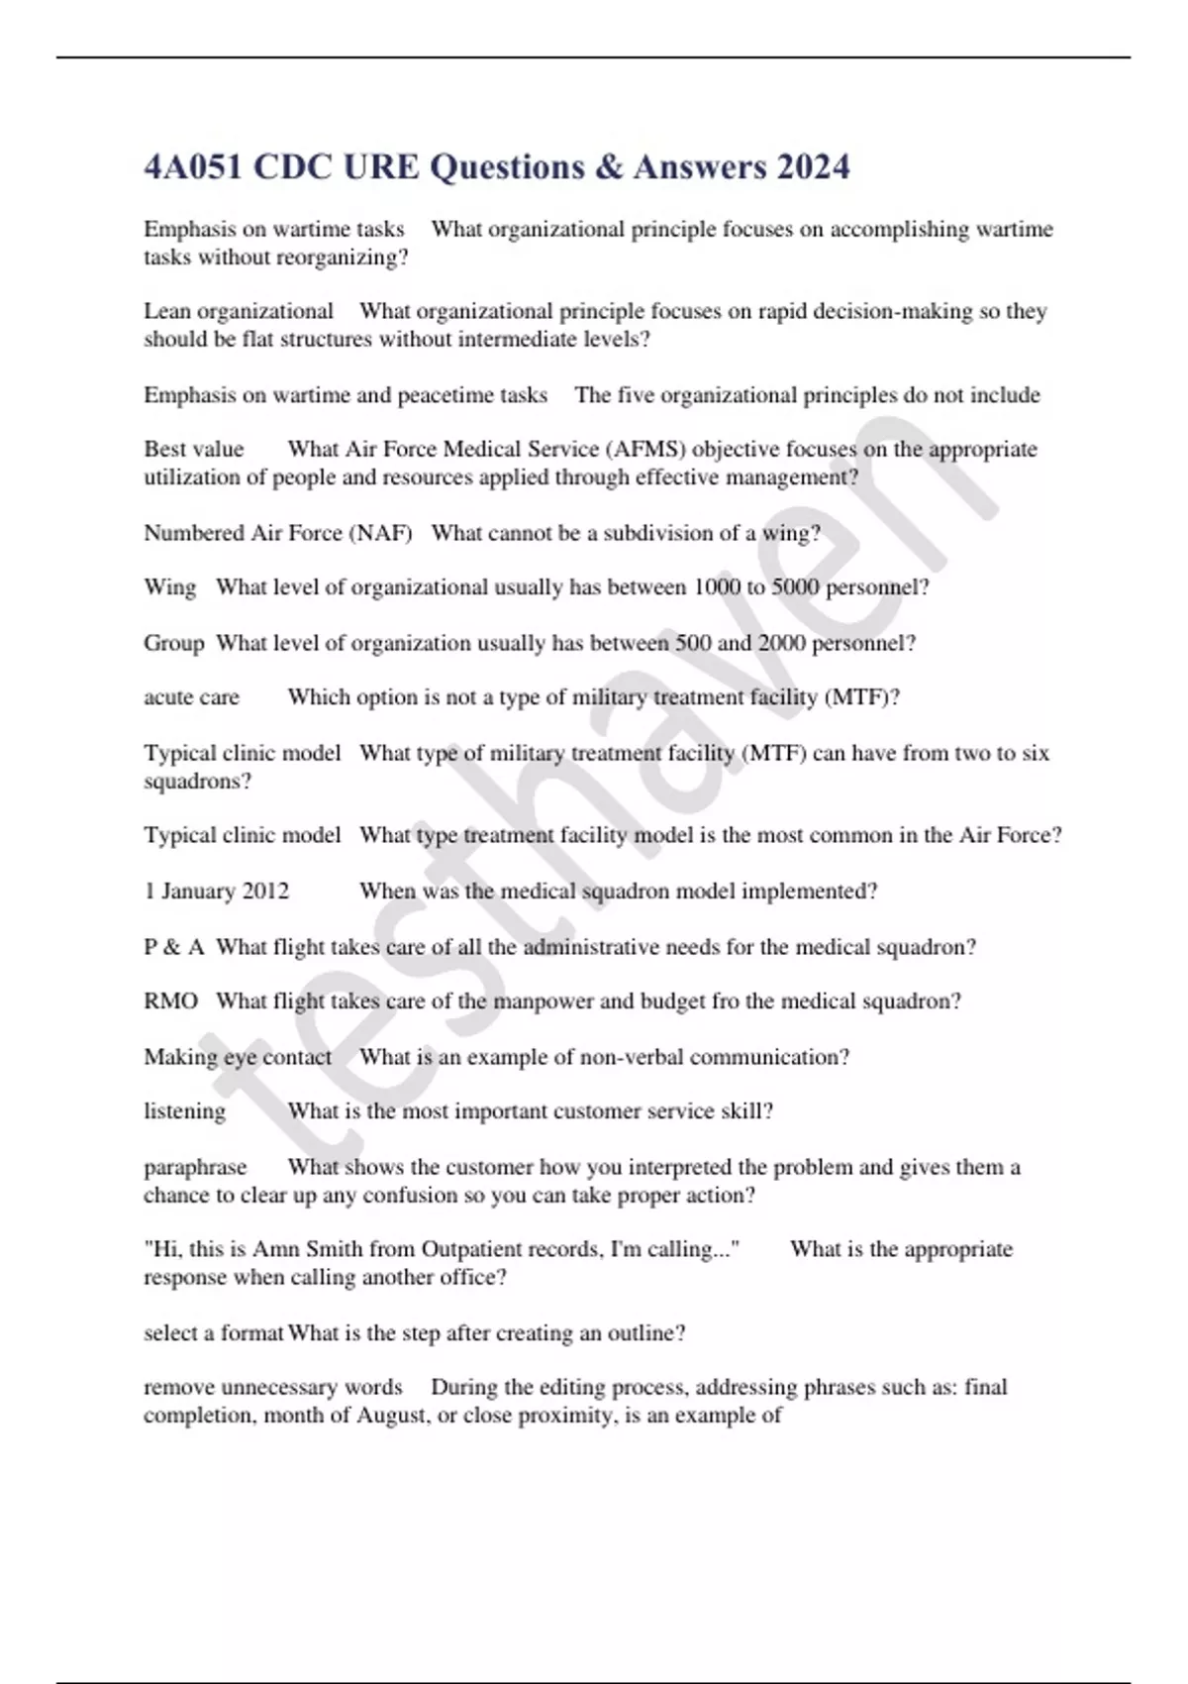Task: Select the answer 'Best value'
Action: point(193,449)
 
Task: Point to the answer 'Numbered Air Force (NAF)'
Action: point(277,533)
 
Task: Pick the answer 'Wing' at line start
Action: point(169,587)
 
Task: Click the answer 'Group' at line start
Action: point(173,643)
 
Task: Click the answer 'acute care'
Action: point(191,697)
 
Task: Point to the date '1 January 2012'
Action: point(216,892)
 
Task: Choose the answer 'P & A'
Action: point(173,947)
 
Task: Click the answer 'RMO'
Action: point(170,1001)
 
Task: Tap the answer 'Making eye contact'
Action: point(238,1057)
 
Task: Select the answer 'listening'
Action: point(184,1111)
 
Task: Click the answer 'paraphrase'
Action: point(195,1167)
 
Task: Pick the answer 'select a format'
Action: point(214,1333)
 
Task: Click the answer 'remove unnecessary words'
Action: point(272,1387)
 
